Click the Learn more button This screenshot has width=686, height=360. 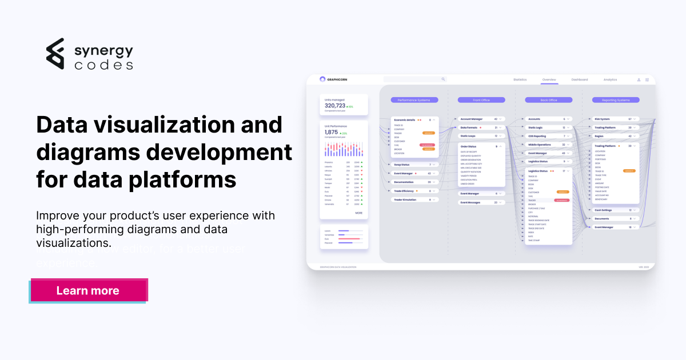point(88,290)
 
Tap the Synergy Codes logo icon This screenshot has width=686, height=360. point(55,54)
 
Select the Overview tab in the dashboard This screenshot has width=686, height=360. point(549,79)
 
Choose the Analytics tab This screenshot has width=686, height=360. point(610,79)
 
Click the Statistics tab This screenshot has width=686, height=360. point(520,79)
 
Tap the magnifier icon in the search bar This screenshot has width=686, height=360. point(443,79)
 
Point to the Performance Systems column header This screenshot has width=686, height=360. point(414,100)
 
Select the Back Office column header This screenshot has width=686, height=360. point(549,100)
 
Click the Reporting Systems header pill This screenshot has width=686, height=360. point(615,100)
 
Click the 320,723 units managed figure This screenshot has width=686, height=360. point(335,106)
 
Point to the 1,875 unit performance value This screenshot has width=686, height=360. point(332,132)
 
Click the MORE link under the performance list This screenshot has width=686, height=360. point(358,213)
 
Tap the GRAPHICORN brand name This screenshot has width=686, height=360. point(337,79)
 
